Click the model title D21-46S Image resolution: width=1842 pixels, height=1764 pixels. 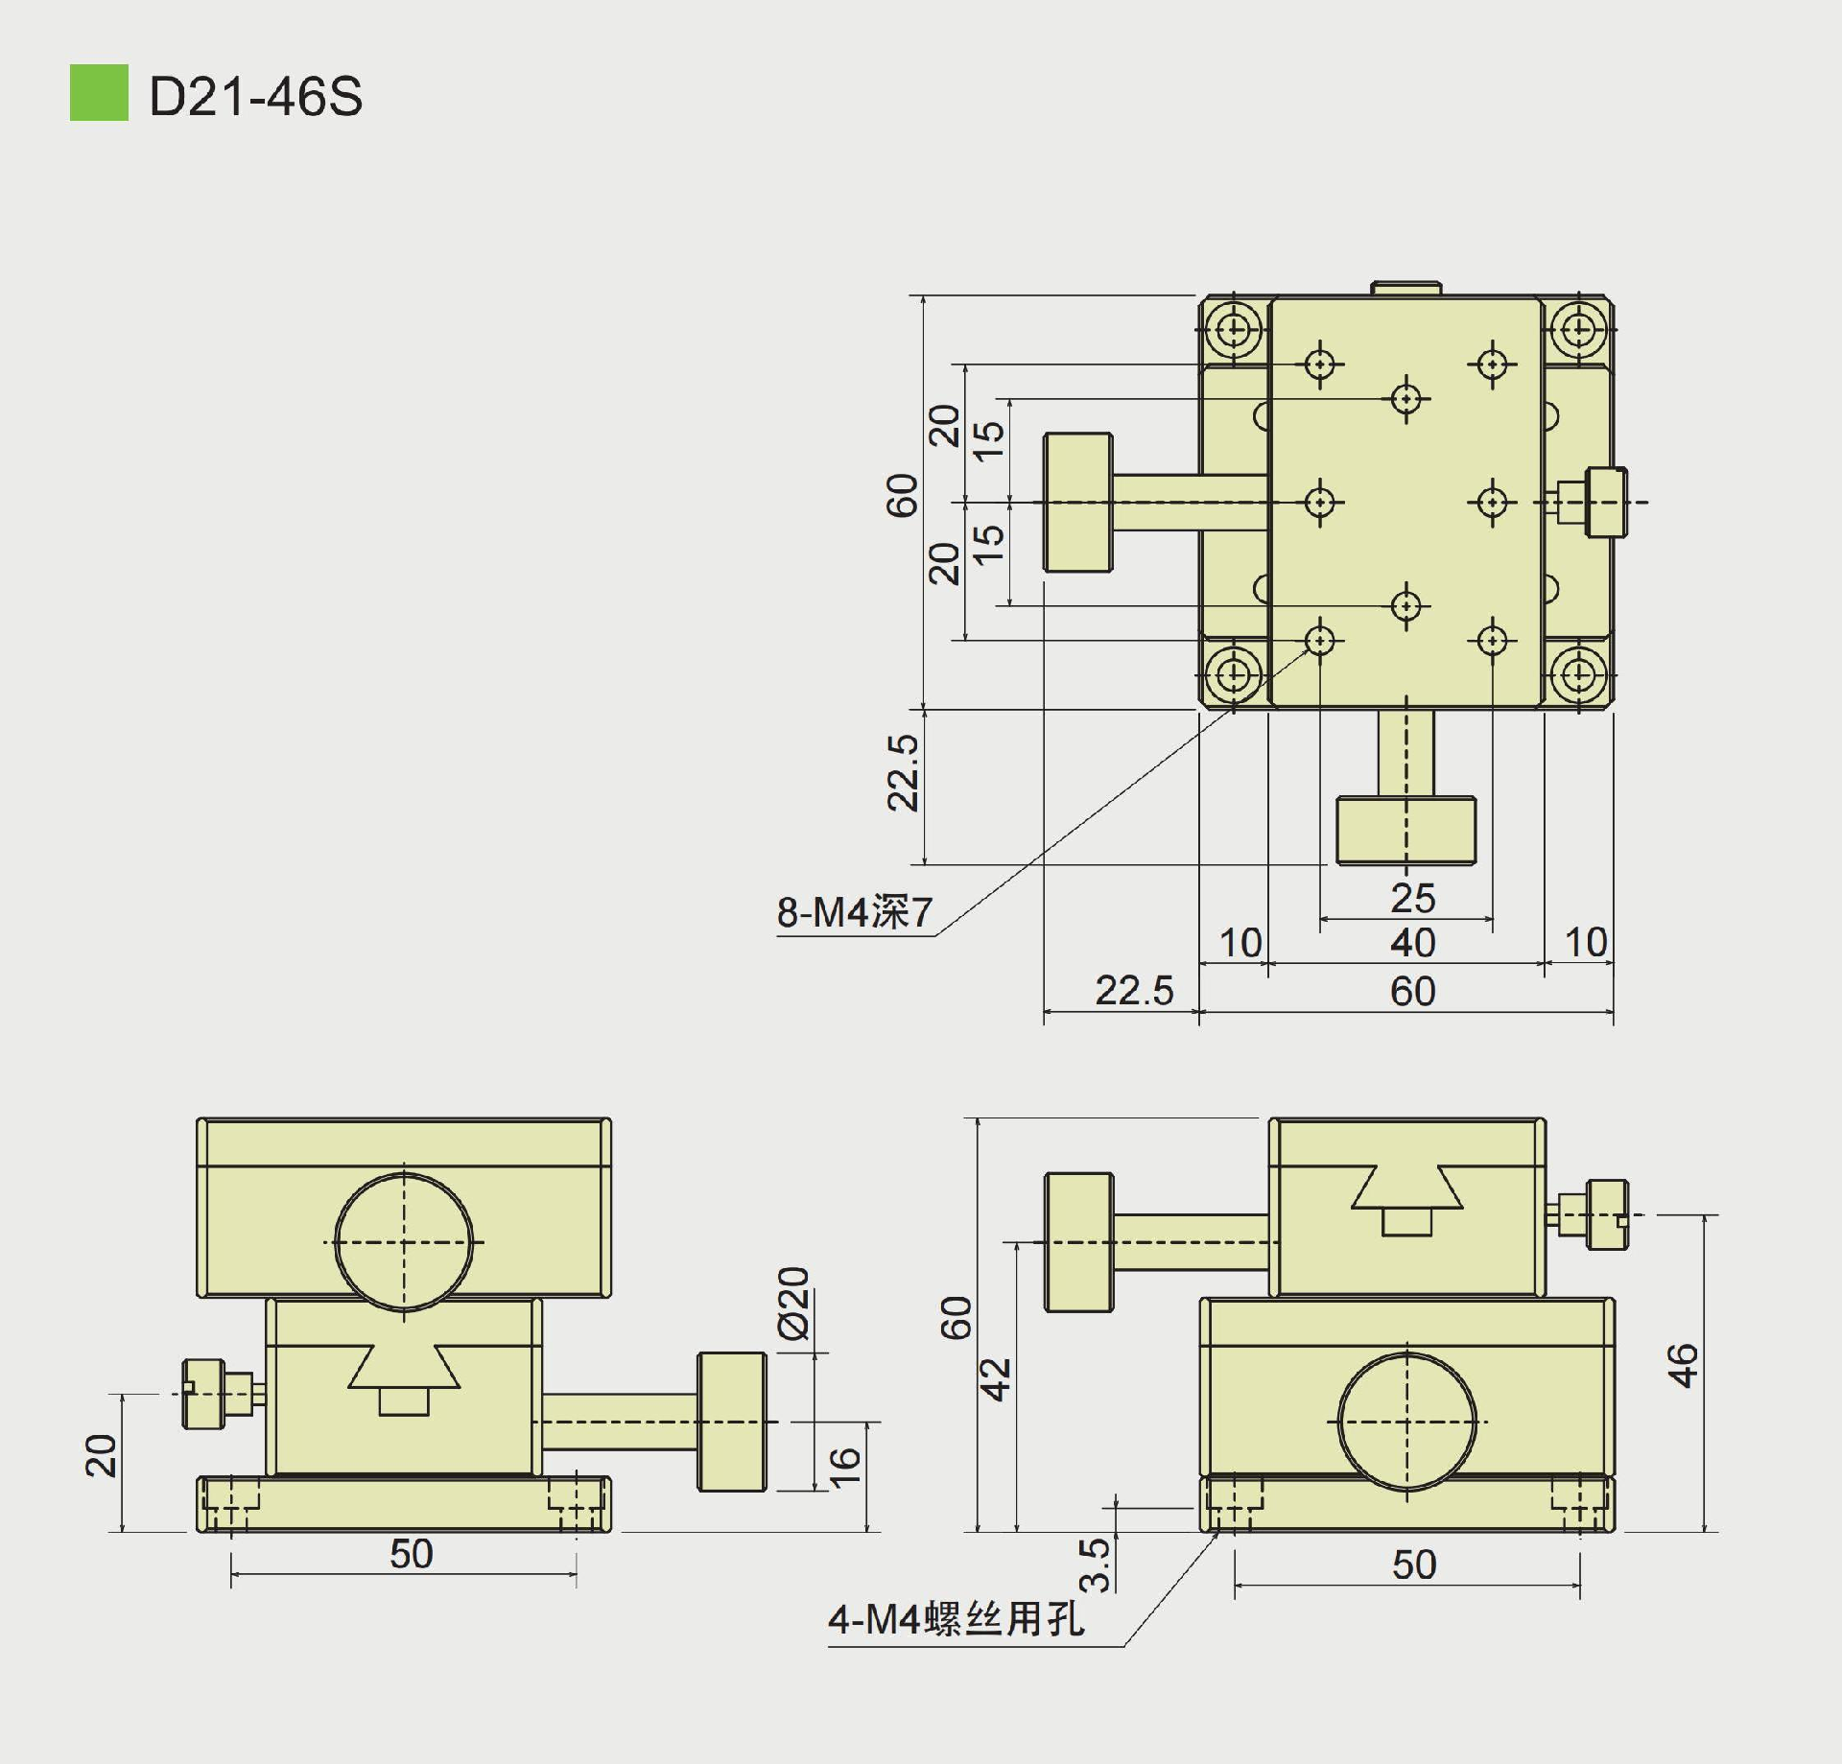click(255, 97)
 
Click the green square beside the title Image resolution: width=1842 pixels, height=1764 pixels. click(99, 93)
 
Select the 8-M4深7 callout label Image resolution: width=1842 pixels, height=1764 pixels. click(854, 912)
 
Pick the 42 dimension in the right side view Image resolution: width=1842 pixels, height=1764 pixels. click(998, 1379)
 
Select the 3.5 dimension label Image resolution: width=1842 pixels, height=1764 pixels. click(1095, 1565)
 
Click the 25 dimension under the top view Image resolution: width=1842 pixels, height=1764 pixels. click(1412, 899)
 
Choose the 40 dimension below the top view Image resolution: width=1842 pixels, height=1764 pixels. click(1412, 943)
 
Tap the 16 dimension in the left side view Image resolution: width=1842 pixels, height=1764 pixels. click(844, 1468)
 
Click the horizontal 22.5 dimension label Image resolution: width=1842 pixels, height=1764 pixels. click(1134, 991)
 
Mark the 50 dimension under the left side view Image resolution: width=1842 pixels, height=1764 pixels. click(411, 1554)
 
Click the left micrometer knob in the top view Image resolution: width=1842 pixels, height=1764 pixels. click(1078, 503)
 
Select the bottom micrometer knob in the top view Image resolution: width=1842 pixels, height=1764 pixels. click(1406, 830)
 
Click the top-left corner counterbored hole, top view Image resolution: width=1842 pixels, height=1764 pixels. click(1234, 330)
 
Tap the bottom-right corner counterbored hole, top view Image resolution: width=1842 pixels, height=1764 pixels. click(1578, 674)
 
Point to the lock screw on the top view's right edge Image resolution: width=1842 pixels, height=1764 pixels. click(1606, 502)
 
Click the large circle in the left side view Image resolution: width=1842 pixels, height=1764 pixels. click(404, 1242)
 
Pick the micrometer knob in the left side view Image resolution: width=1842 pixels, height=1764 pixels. click(732, 1422)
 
